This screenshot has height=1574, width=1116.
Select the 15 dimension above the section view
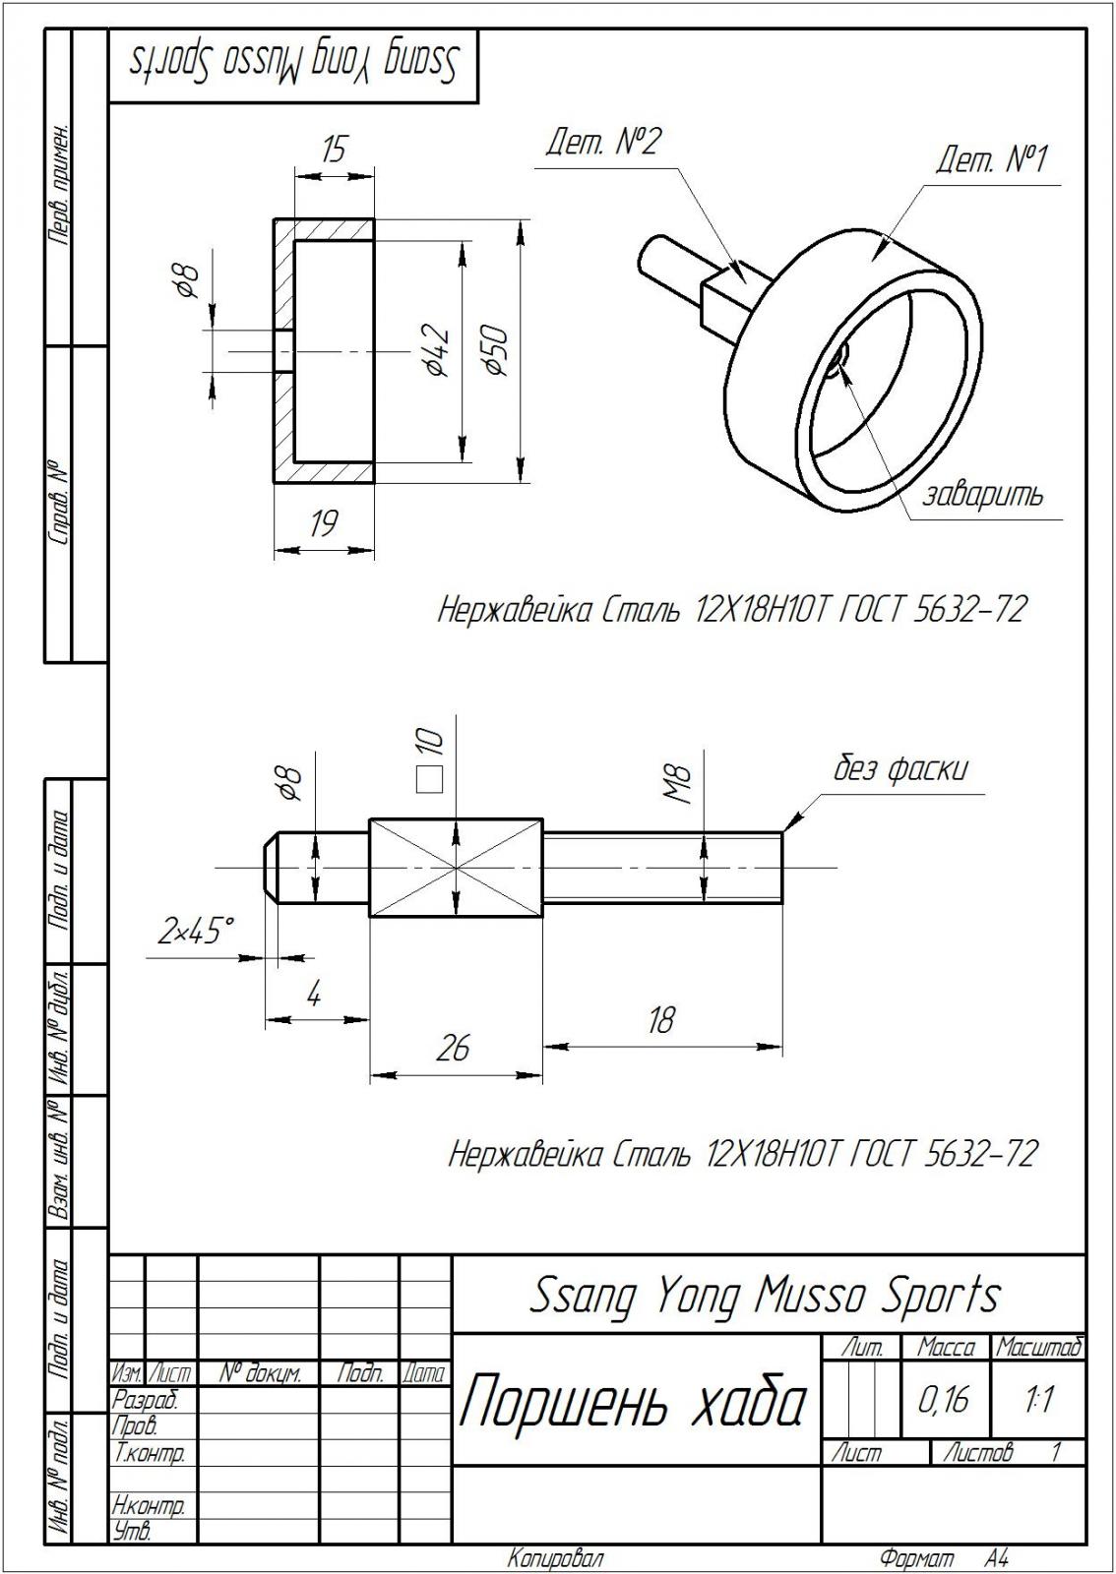pos(334,151)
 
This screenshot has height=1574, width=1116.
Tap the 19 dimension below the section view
pos(323,524)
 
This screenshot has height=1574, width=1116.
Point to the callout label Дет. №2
pos(603,143)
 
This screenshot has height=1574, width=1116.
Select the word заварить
pos(981,494)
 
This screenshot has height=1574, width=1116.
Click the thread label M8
pos(680,785)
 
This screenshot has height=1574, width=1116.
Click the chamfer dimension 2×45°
pos(197,930)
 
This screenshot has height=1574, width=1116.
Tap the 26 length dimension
pos(453,1049)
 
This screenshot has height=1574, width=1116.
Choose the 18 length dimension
pos(660,1020)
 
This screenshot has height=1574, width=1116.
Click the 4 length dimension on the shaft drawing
pos(314,996)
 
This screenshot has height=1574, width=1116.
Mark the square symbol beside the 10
pos(427,779)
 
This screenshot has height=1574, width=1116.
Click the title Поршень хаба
pos(633,1401)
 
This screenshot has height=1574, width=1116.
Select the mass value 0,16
pos(943,1398)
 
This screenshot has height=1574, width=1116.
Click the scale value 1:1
pos(1038,1398)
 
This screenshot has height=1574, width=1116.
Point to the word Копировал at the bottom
pos(555,1559)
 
